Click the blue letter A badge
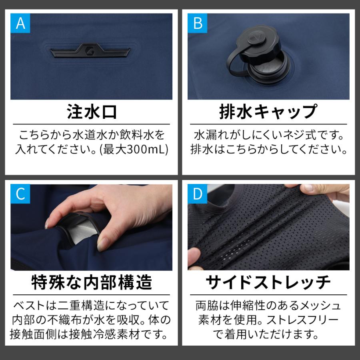tap(20, 23)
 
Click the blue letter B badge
tap(198, 23)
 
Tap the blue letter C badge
tap(20, 194)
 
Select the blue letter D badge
tap(198, 194)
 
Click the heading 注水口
tap(91, 112)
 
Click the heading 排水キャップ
tap(268, 112)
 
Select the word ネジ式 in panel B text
tap(310, 134)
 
